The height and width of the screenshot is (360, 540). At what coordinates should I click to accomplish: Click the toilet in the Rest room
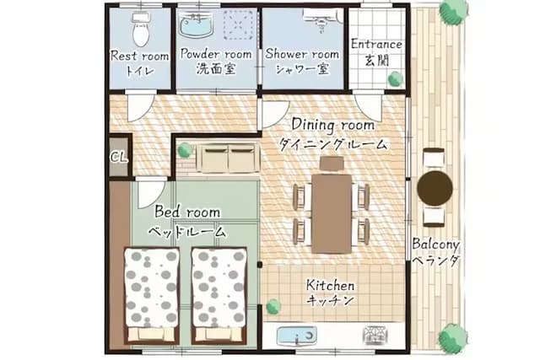[141, 30]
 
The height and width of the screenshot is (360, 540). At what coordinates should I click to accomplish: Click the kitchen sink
[296, 336]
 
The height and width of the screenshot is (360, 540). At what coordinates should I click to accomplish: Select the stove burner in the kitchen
[375, 335]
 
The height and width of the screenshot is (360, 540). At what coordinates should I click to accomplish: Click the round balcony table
[435, 188]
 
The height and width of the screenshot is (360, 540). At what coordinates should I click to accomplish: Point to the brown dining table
[332, 214]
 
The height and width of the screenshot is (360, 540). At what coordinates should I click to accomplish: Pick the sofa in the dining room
[229, 158]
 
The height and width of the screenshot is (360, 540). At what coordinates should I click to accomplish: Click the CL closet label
[119, 158]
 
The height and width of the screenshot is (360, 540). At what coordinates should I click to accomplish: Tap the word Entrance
[376, 45]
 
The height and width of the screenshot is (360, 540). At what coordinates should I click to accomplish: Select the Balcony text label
[436, 244]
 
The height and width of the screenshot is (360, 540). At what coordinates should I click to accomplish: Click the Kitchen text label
[330, 285]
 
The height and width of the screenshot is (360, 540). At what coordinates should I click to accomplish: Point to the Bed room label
[187, 212]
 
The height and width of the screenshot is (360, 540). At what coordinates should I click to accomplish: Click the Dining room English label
[333, 125]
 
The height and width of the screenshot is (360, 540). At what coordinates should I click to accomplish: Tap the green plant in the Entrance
[396, 79]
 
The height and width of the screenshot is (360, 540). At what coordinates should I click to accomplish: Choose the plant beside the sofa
[184, 150]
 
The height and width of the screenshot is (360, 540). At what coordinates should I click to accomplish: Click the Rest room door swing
[140, 107]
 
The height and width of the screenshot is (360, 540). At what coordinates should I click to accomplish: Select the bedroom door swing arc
[150, 195]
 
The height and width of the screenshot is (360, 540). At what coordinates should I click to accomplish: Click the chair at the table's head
[332, 163]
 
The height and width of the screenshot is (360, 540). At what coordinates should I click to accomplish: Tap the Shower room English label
[302, 54]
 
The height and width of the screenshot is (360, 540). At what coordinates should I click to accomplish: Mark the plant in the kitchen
[273, 306]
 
